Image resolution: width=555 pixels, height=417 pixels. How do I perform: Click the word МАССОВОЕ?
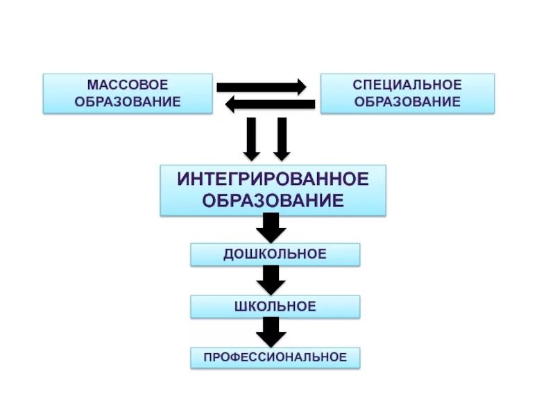pyautogui.click(x=128, y=85)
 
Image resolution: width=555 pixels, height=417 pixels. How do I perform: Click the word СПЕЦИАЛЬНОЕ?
pyautogui.click(x=407, y=85)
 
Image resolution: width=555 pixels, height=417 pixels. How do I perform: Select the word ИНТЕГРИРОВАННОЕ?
pyautogui.click(x=273, y=179)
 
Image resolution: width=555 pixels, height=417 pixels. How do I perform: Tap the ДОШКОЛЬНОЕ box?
pyautogui.click(x=275, y=254)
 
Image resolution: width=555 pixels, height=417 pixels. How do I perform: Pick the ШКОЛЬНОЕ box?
pyautogui.click(x=275, y=306)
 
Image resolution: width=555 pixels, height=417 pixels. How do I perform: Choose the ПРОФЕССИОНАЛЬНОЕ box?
pyautogui.click(x=275, y=358)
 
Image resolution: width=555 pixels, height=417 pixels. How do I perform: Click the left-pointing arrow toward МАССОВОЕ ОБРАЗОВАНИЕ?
pyautogui.click(x=271, y=105)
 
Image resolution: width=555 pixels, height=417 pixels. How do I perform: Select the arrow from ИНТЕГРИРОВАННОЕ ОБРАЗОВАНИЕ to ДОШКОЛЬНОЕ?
pyautogui.click(x=271, y=228)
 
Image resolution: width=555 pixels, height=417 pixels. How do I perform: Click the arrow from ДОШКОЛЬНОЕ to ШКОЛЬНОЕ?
pyautogui.click(x=271, y=279)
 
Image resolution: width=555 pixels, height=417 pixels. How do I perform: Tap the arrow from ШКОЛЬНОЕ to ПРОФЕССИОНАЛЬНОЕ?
pyautogui.click(x=271, y=332)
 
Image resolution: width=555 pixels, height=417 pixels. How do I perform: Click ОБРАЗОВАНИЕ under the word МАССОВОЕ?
pyautogui.click(x=128, y=101)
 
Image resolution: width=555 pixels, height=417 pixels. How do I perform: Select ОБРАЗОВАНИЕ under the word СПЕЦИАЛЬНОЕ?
pyautogui.click(x=407, y=101)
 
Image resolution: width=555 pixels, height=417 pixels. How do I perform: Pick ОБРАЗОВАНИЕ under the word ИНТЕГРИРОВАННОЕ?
pyautogui.click(x=273, y=201)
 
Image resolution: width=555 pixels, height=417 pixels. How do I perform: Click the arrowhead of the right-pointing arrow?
pyautogui.click(x=300, y=87)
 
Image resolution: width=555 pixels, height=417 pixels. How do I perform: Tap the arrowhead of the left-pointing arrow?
pyautogui.click(x=231, y=105)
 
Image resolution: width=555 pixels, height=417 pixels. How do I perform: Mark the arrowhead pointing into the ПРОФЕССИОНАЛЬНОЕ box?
pyautogui.click(x=271, y=340)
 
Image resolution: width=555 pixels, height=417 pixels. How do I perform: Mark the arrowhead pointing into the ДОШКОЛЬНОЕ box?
pyautogui.click(x=271, y=236)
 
